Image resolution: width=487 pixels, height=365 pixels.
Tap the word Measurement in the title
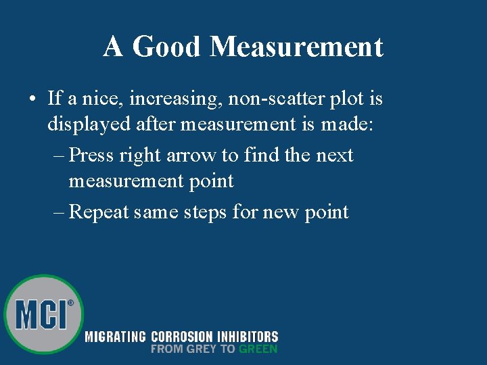coord(296,47)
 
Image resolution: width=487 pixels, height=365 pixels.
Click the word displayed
coord(87,124)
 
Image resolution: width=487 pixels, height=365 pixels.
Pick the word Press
coord(92,155)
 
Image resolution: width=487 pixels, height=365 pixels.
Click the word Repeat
coord(99,212)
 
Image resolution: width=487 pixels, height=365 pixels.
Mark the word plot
coord(346,99)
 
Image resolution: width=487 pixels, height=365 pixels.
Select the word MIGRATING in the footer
coord(115,337)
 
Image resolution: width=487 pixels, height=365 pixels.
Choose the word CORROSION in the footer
coord(181,337)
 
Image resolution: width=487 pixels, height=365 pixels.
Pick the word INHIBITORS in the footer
coord(247,337)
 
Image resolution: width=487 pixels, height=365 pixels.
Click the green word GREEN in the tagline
coord(258,349)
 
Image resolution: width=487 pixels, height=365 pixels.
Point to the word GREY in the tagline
coord(203,349)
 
